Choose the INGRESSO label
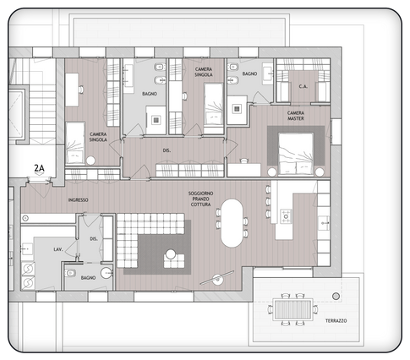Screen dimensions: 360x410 [x=79, y=199]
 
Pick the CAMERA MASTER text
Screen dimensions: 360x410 [x=295, y=117]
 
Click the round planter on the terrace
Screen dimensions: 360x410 [x=336, y=296]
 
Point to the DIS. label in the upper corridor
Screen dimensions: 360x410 [x=167, y=151]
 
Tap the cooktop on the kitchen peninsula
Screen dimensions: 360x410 [x=286, y=216]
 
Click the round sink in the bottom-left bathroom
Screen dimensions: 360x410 [x=105, y=273]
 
